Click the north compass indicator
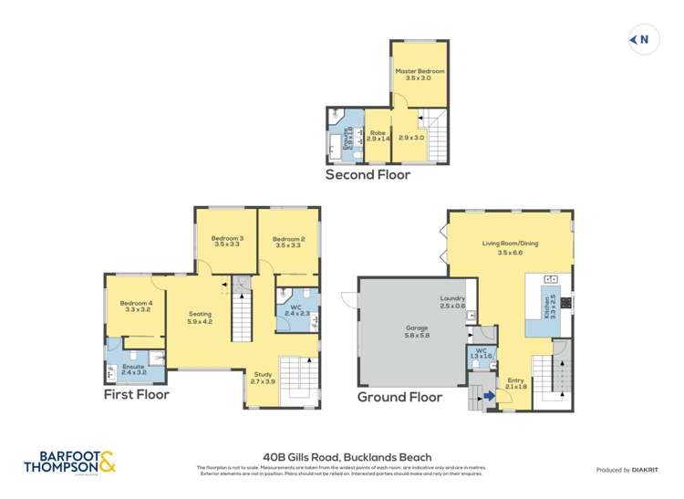(641, 39)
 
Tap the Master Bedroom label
(420, 75)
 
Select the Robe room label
(378, 134)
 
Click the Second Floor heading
(369, 174)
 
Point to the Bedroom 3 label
(227, 242)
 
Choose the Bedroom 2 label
(287, 242)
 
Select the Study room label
(263, 377)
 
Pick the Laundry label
(452, 302)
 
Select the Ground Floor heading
(399, 397)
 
